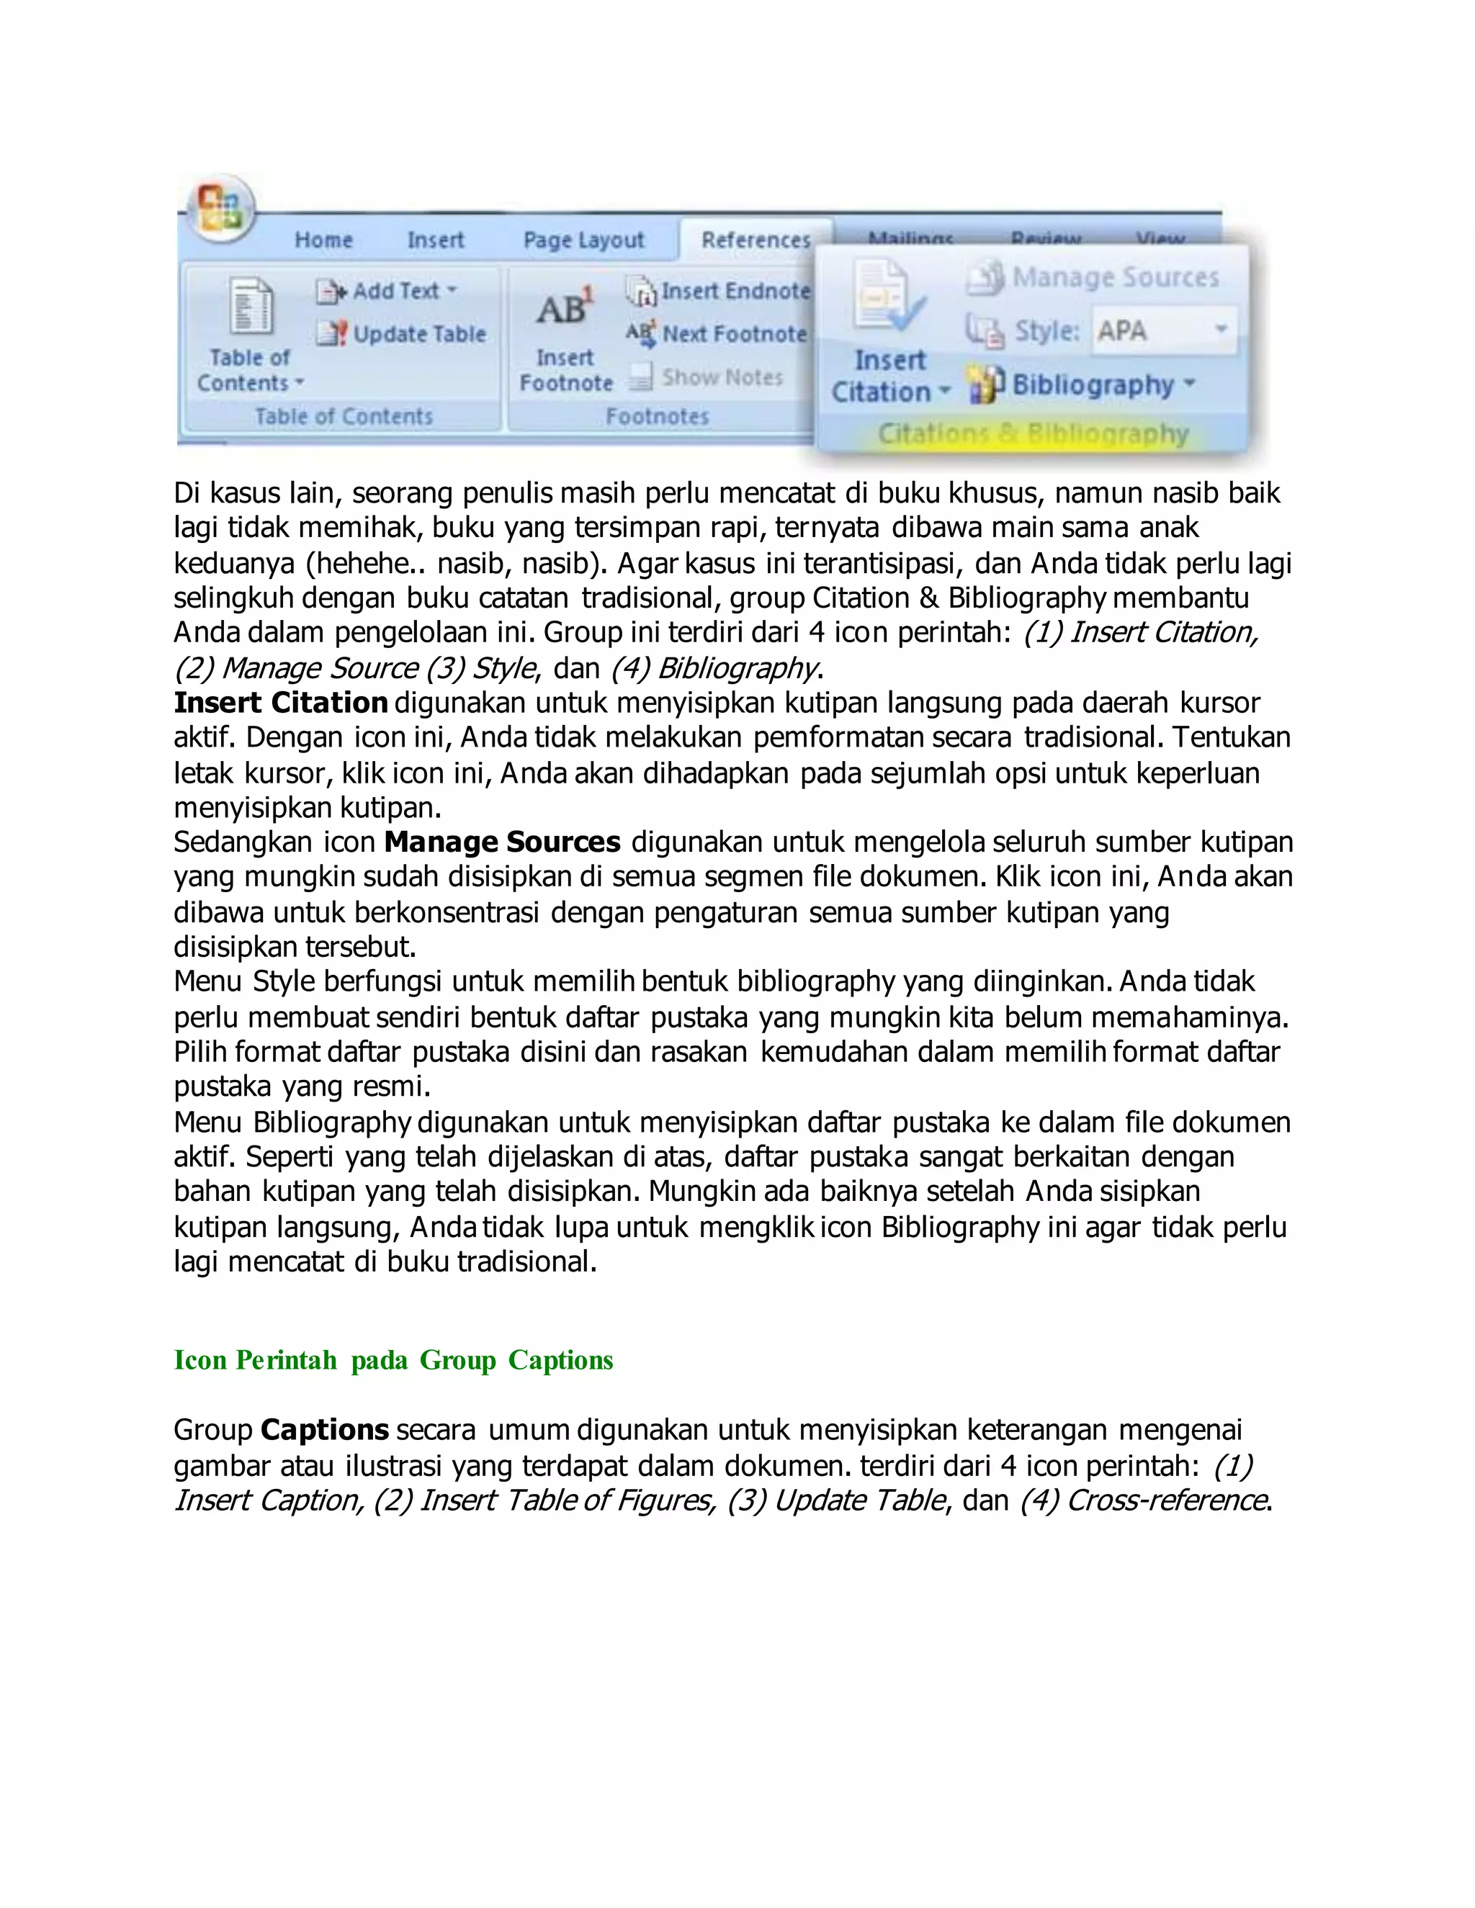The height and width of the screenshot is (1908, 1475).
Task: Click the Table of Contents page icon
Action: [251, 307]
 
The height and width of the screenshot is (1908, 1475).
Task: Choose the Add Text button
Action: [387, 291]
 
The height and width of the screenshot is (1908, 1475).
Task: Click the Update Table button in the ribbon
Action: [401, 334]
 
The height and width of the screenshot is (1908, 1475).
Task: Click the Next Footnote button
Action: [717, 334]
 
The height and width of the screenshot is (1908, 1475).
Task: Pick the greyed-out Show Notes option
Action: [707, 377]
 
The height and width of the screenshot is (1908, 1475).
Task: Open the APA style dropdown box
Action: [1163, 331]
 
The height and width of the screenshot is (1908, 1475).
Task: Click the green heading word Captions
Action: [560, 1360]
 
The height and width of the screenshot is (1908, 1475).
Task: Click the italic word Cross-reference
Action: [1167, 1500]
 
